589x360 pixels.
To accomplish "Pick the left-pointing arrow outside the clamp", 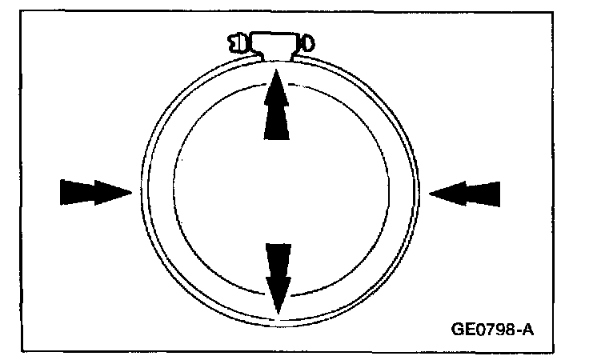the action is point(466,193).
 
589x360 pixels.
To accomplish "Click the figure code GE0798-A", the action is point(491,327).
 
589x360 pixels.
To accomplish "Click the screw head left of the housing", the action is point(238,42).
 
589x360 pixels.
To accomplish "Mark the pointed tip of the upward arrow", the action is point(276,71).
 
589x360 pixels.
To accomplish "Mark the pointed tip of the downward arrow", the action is point(277,314).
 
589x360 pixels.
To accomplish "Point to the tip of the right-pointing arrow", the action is point(131,192).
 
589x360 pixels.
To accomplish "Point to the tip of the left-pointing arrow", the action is point(430,193).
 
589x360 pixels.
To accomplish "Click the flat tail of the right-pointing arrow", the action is point(62,192).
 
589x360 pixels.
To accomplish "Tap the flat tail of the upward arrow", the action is point(276,139).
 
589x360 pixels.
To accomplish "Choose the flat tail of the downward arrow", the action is point(277,244).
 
